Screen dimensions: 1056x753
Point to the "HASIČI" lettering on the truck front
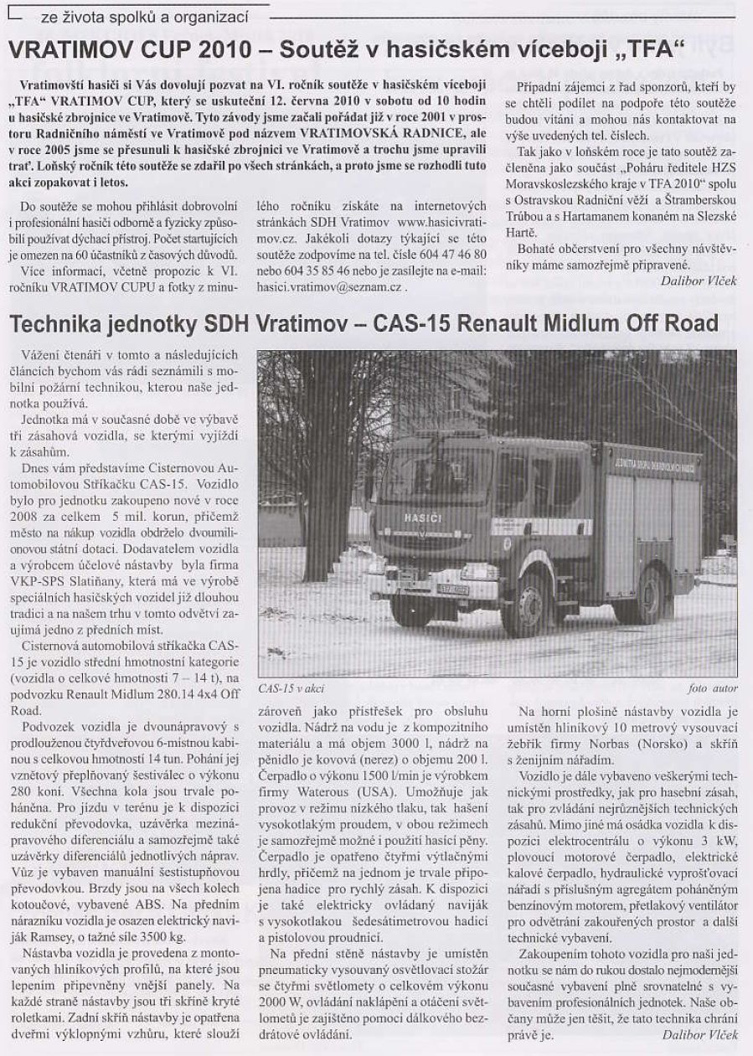point(423,518)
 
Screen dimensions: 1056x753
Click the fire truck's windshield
point(436,475)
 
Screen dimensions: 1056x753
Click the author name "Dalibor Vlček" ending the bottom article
point(698,1035)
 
